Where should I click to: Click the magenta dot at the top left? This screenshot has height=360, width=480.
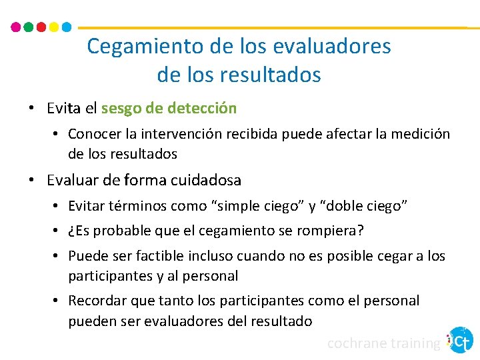tap(16, 27)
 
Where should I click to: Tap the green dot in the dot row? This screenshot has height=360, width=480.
tap(28, 27)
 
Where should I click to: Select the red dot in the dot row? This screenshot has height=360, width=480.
tap(41, 27)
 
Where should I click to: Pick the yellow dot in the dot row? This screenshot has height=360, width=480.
tap(53, 27)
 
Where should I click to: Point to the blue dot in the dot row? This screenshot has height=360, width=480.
tap(66, 27)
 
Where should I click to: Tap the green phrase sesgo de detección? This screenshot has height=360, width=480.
tap(169, 107)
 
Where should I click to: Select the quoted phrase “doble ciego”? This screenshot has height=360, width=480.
tap(364, 206)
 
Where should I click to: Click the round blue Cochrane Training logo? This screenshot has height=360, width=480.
tap(460, 340)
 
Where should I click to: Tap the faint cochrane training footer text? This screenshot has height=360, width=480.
tap(384, 343)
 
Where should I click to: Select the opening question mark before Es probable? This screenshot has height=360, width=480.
tap(71, 231)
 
